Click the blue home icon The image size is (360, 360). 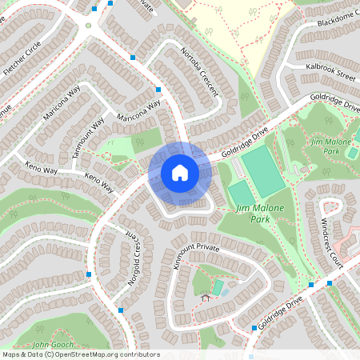[x=180, y=173]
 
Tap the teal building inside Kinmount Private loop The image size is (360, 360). [x=218, y=286]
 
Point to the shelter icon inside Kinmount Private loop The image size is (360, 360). [x=206, y=298]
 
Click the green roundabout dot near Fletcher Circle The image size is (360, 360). [x=89, y=26]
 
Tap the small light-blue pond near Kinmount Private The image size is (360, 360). [x=225, y=292]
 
